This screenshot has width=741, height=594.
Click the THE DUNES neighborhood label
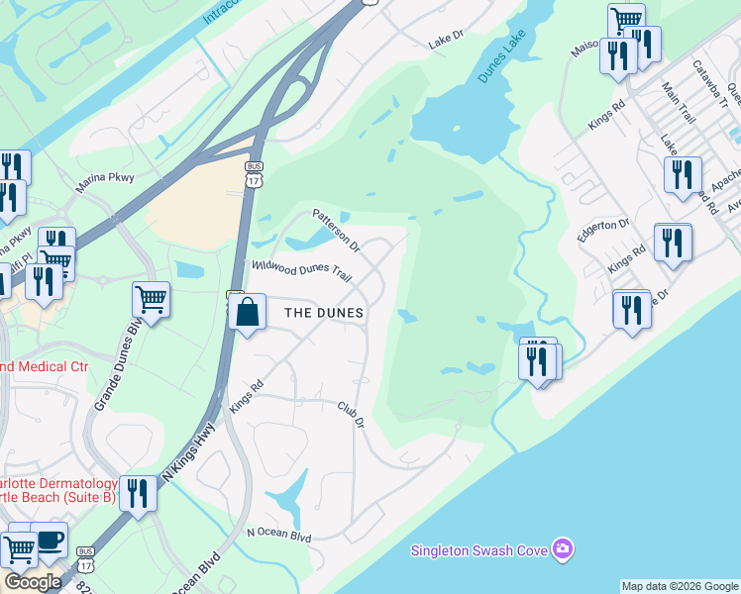(x=324, y=313)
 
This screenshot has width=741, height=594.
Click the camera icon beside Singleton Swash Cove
(x=563, y=547)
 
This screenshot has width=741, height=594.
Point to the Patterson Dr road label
(x=337, y=228)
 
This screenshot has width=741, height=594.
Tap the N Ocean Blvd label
(x=279, y=536)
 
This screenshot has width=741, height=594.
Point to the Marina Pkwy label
(x=104, y=183)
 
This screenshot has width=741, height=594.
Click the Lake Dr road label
(x=446, y=43)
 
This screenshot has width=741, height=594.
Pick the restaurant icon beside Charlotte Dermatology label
(x=138, y=492)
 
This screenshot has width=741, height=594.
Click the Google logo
(x=33, y=582)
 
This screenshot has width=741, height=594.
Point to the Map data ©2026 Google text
(x=680, y=586)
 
